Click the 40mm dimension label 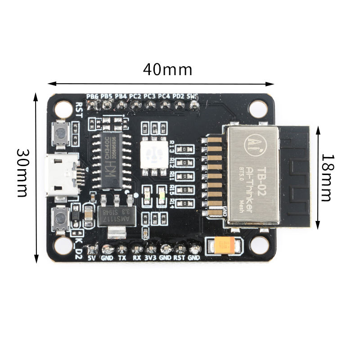pos(167,70)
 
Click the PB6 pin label pos(93,96)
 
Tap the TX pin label pos(122,258)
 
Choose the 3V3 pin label pos(151,258)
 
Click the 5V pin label pos(92,258)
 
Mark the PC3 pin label pos(150,96)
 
